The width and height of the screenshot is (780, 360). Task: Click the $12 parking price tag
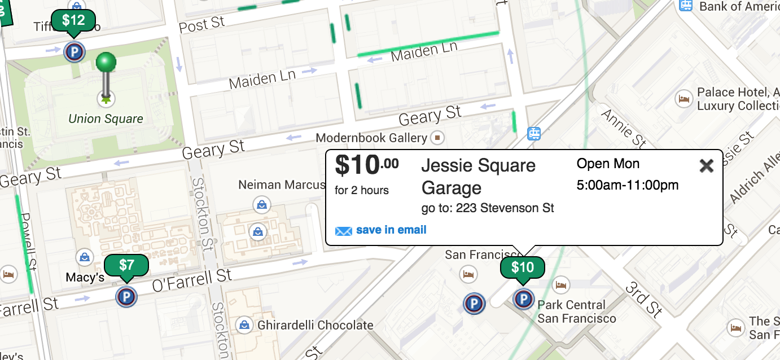(73, 21)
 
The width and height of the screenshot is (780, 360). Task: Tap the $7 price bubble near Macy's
(126, 265)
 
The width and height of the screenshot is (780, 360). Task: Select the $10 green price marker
(522, 267)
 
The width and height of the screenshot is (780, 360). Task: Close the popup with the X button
(706, 165)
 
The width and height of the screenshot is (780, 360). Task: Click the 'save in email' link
(391, 230)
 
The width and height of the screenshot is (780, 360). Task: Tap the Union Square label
(106, 119)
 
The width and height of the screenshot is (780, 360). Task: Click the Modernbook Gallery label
(371, 138)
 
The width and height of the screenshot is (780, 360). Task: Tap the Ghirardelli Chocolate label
(315, 325)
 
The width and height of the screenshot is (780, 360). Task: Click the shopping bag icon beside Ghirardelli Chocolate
(244, 324)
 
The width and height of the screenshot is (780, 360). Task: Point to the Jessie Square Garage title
(478, 176)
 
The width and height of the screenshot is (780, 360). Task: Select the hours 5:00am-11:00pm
(627, 185)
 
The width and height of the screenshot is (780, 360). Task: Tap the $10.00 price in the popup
(366, 165)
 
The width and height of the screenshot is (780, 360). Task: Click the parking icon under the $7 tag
(126, 296)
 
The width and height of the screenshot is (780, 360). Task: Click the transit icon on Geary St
(533, 134)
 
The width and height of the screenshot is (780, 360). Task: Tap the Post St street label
(201, 24)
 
